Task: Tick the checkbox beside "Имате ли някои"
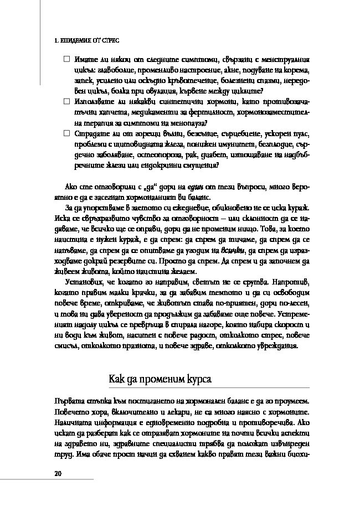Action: tap(66, 59)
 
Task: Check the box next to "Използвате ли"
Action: tap(66, 102)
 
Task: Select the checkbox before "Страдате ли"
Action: tap(66, 133)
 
